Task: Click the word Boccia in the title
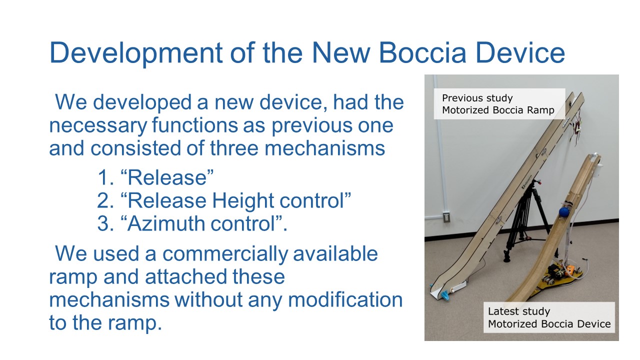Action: [x=422, y=52]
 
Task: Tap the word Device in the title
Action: [x=520, y=52]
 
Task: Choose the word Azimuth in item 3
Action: [x=165, y=223]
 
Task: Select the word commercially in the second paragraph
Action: [x=225, y=254]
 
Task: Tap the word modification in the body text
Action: [x=345, y=299]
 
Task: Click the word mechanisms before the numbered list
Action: [x=325, y=148]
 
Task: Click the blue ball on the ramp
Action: [x=564, y=212]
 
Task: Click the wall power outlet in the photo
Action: [x=446, y=217]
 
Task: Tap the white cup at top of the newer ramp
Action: [x=597, y=168]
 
